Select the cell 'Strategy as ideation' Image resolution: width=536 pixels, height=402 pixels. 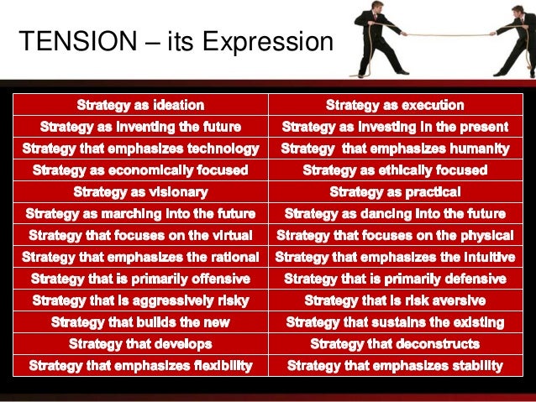pyautogui.click(x=140, y=105)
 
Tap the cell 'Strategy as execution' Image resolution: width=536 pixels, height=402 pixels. pyautogui.click(x=395, y=105)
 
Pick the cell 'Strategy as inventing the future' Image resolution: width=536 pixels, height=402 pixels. pyautogui.click(x=140, y=127)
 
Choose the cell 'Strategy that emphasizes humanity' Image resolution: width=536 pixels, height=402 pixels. pyautogui.click(x=395, y=149)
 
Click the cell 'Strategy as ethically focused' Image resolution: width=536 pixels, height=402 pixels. pyautogui.click(x=395, y=170)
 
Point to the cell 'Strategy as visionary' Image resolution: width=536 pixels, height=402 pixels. pyautogui.click(x=140, y=192)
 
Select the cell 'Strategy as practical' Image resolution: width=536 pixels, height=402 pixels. pyautogui.click(x=395, y=192)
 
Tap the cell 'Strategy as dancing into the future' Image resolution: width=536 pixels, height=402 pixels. pyautogui.click(x=395, y=213)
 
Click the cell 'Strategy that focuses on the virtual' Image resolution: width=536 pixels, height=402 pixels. pyautogui.click(x=140, y=235)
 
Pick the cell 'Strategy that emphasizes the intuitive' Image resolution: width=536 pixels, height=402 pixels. pyautogui.click(x=395, y=256)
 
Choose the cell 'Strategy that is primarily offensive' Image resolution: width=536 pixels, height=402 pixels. pyautogui.click(x=140, y=278)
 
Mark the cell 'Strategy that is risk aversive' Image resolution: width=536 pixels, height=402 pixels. pyautogui.click(x=395, y=300)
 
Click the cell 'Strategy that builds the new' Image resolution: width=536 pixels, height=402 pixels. pyautogui.click(x=140, y=321)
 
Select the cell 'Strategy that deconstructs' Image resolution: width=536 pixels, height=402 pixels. pyautogui.click(x=395, y=343)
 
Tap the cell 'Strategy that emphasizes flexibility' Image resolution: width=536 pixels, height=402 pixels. pyautogui.click(x=140, y=365)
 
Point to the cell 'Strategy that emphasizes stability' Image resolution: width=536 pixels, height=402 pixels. pyautogui.click(x=395, y=365)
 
